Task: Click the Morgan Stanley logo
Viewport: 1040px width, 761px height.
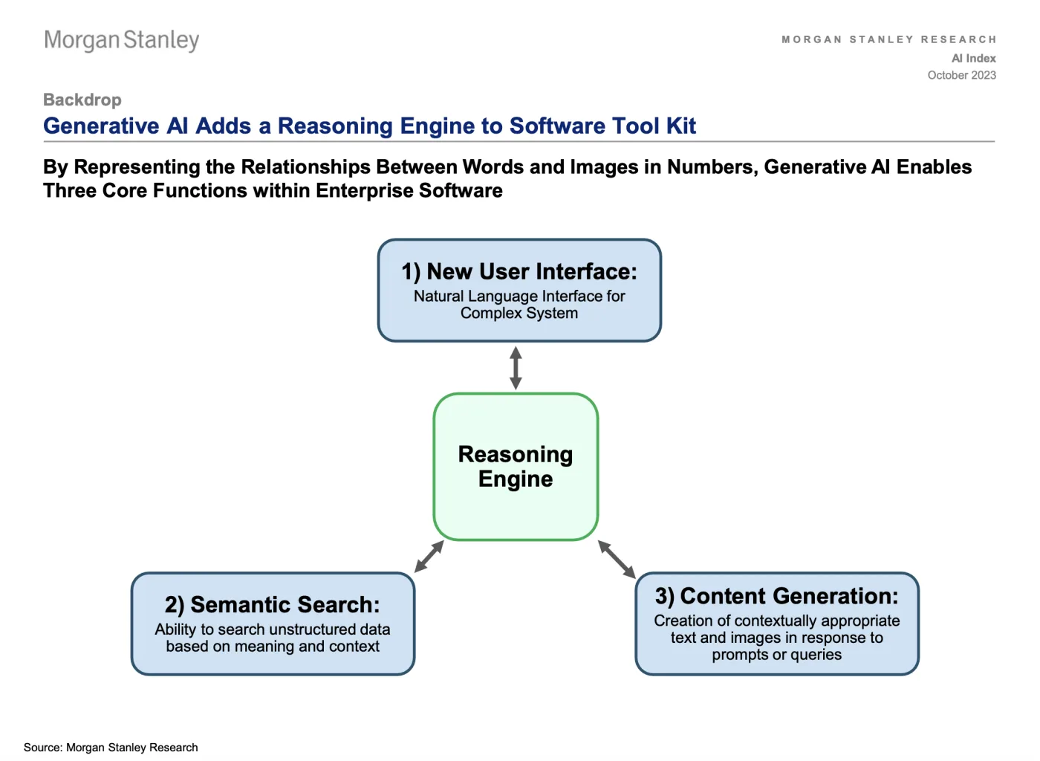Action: (122, 40)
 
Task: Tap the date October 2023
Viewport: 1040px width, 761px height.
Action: (961, 75)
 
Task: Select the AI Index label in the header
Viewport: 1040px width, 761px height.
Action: (974, 58)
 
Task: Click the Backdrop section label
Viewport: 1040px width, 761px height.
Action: (82, 100)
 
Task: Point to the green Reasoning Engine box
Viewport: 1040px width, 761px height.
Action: (516, 467)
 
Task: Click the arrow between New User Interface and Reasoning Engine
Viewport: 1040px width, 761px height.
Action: (516, 368)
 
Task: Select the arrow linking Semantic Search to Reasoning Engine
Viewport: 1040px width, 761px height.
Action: (429, 556)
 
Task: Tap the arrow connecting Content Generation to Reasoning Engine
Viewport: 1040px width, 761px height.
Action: (617, 560)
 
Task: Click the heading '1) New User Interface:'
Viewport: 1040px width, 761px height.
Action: (519, 271)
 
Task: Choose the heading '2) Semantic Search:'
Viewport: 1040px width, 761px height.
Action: (273, 604)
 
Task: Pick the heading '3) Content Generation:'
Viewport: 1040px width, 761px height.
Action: (777, 596)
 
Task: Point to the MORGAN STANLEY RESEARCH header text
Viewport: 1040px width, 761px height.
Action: (888, 39)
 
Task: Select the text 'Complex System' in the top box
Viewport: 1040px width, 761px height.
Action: (519, 313)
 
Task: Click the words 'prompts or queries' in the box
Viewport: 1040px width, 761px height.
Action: (777, 655)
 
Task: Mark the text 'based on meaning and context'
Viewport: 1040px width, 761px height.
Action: (273, 647)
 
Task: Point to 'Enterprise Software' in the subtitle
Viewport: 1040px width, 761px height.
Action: (409, 191)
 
